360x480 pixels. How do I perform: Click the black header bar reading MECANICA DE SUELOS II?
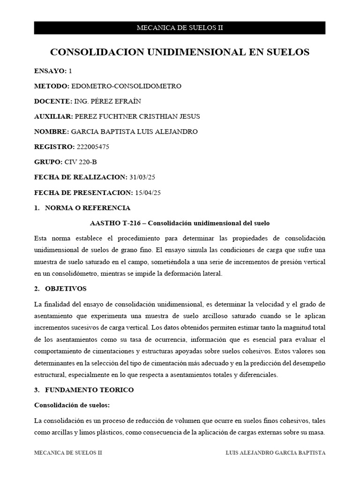[180, 28]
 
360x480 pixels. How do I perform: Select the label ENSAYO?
[50, 71]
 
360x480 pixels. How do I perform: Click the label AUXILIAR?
[53, 116]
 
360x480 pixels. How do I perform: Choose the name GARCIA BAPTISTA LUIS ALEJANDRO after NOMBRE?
[134, 131]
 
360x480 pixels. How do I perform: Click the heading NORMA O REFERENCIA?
[88, 208]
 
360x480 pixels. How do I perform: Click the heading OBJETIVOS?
[66, 288]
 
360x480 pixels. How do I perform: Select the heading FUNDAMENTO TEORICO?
[89, 390]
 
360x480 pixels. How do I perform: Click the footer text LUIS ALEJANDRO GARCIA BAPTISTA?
[276, 453]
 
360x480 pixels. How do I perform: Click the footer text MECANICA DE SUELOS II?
[68, 453]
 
